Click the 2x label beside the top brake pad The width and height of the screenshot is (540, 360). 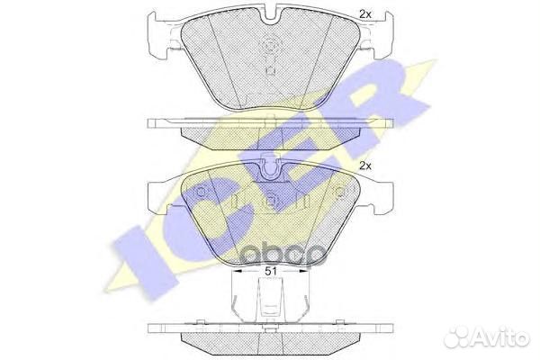point(364,14)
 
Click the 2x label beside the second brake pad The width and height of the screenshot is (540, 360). point(365,166)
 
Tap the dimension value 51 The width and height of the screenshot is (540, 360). point(271,271)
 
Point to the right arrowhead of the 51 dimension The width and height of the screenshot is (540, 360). point(304,271)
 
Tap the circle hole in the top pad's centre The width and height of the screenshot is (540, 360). point(270,46)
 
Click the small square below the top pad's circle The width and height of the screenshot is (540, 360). point(270,71)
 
